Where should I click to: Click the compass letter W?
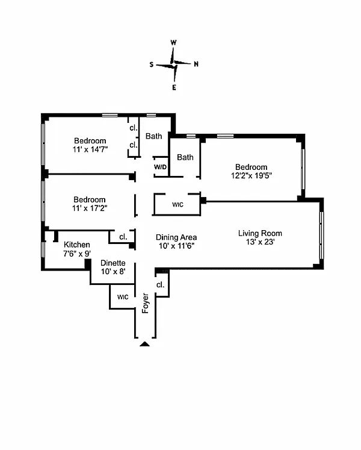[173, 43]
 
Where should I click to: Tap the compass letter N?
[196, 64]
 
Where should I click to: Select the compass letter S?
[152, 64]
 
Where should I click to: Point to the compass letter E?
[174, 87]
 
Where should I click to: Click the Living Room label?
[260, 233]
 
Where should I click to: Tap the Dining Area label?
[176, 237]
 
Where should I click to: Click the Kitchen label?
[77, 245]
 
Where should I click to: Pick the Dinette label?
[113, 263]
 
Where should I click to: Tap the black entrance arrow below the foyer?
[144, 344]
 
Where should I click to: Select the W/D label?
[160, 167]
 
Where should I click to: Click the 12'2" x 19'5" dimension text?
[251, 176]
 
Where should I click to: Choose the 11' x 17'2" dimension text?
[90, 208]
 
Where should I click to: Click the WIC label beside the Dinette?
[123, 297]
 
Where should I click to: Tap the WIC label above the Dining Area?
[177, 205]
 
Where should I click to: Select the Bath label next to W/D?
[185, 157]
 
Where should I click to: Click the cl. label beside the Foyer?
[161, 284]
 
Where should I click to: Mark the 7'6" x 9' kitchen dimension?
[77, 254]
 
